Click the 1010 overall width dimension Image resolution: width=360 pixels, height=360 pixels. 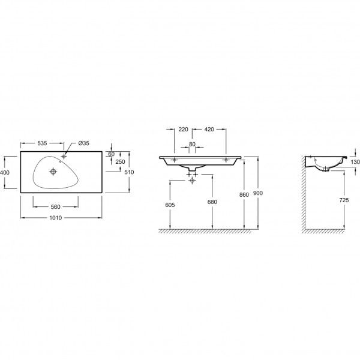[x=56, y=217]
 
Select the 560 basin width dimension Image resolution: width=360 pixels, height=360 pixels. [x=56, y=207]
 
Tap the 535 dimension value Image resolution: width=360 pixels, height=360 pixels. [x=42, y=143]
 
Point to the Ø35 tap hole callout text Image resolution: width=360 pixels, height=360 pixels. [x=83, y=143]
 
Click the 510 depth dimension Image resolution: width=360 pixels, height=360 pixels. [x=129, y=172]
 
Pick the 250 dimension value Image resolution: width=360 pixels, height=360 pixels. [x=121, y=162]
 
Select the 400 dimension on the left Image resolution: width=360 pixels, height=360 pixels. [x=5, y=172]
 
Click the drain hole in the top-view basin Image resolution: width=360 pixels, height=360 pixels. [x=53, y=171]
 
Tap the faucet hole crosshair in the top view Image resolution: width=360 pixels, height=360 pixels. [x=64, y=157]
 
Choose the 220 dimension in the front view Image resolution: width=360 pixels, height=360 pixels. [x=183, y=129]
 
